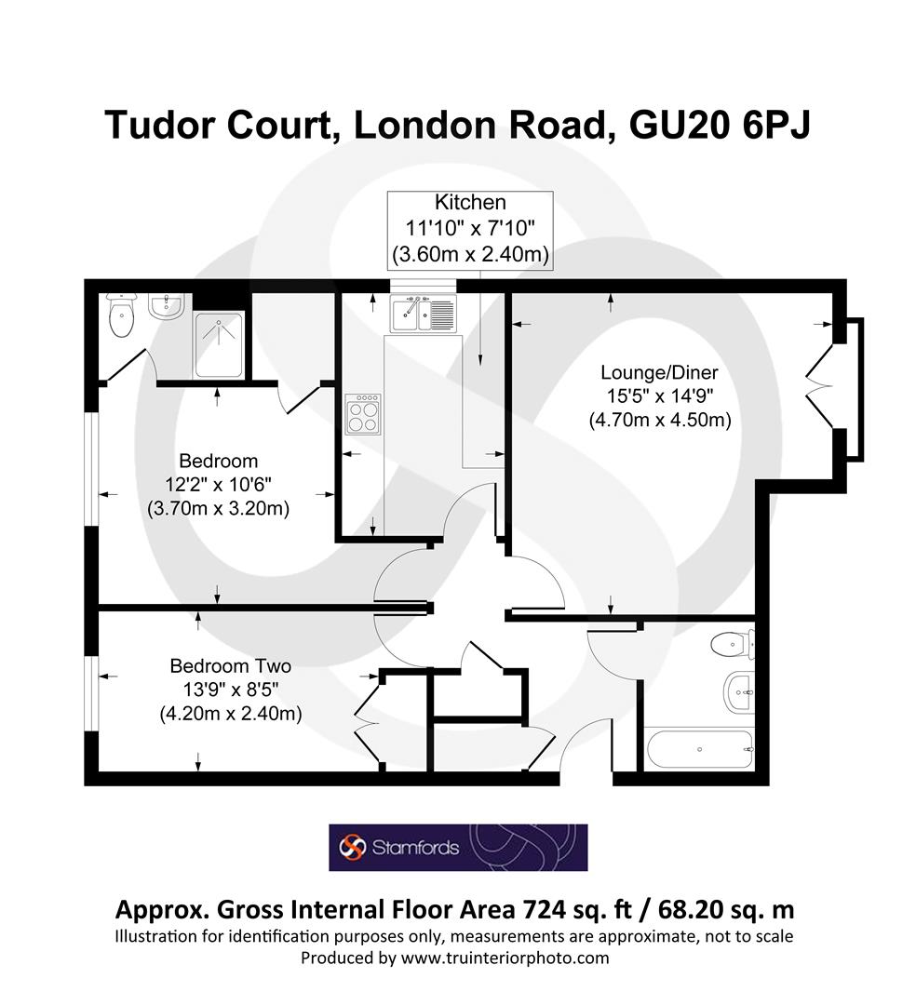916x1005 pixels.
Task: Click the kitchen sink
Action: (x=422, y=313)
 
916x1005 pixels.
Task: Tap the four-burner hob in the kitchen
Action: (x=362, y=413)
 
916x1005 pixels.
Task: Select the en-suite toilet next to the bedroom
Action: (x=122, y=316)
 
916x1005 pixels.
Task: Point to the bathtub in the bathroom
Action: (x=698, y=747)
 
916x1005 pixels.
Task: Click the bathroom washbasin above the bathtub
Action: (x=737, y=690)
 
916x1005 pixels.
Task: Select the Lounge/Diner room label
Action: (x=658, y=373)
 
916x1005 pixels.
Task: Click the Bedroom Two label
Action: (x=230, y=666)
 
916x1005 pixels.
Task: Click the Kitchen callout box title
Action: (x=471, y=202)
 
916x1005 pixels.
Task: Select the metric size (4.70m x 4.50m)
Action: (x=658, y=420)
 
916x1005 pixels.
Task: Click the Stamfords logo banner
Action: (x=458, y=847)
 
